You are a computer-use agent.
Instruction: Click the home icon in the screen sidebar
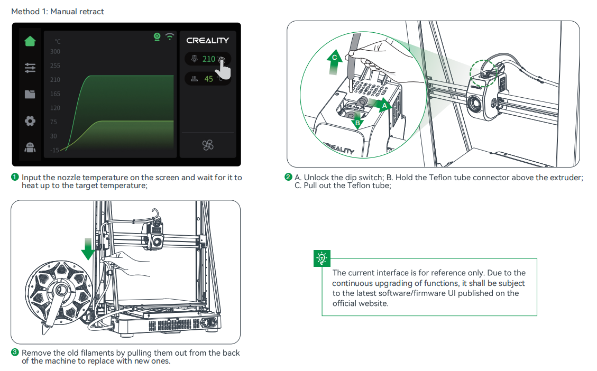(30, 41)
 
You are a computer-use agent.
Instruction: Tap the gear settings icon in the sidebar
(30, 121)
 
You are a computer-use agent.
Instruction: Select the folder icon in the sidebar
(30, 95)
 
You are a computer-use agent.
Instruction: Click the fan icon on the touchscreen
(208, 145)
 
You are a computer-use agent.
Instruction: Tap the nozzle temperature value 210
(208, 59)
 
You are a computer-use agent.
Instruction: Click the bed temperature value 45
(208, 79)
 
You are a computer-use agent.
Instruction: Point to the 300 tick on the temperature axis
(55, 52)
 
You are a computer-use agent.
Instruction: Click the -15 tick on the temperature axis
(55, 150)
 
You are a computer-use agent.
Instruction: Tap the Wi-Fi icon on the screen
(170, 36)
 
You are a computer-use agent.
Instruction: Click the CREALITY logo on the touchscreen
(208, 41)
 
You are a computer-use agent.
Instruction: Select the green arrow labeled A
(382, 104)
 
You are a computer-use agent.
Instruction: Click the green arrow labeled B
(358, 120)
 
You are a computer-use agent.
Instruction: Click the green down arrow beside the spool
(88, 249)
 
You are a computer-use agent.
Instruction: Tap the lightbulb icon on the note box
(322, 258)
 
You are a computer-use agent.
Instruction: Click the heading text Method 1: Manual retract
(58, 12)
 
